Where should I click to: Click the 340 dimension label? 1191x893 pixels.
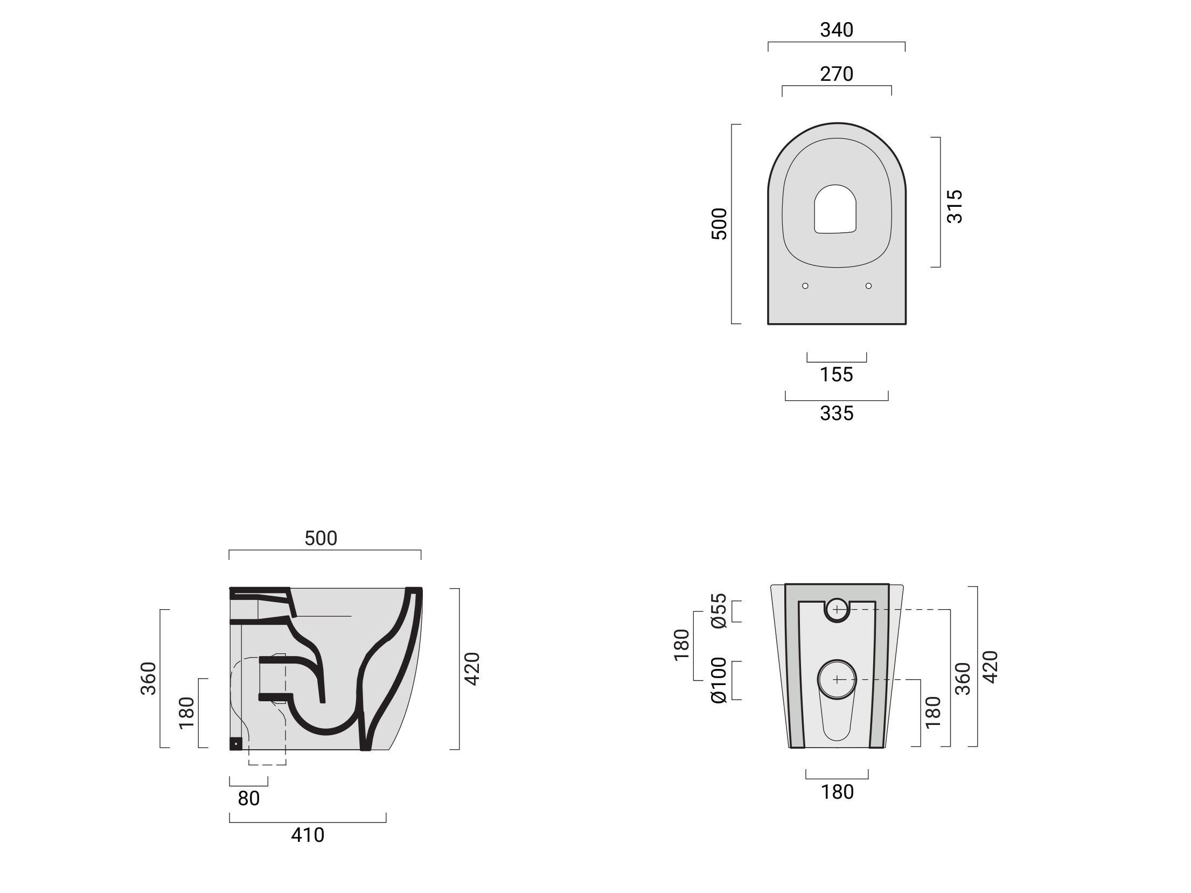pos(837,30)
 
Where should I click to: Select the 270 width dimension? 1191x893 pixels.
pos(837,74)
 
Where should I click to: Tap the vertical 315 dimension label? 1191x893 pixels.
pos(955,206)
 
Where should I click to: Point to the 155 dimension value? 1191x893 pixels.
pos(837,374)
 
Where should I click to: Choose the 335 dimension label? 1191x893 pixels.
pos(837,414)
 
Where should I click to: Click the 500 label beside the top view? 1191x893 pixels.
pos(719,224)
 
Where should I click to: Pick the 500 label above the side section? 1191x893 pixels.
pos(321,538)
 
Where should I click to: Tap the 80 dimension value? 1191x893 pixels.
pos(249,798)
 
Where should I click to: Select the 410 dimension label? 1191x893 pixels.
pos(308,835)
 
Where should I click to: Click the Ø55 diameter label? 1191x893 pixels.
pos(719,611)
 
